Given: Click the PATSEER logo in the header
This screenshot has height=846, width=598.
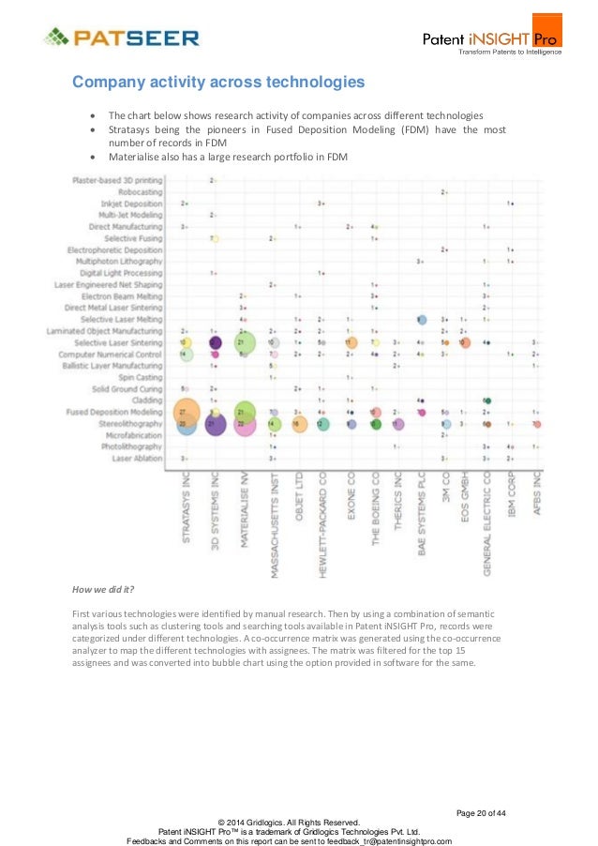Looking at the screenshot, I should [x=122, y=38].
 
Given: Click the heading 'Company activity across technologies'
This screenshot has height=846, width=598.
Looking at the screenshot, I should [x=218, y=83].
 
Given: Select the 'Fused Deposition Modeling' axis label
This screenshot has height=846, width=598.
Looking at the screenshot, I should [x=114, y=412].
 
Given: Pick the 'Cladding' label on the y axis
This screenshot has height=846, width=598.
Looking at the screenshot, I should [x=145, y=400].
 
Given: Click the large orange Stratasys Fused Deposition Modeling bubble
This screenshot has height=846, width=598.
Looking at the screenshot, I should [x=187, y=412].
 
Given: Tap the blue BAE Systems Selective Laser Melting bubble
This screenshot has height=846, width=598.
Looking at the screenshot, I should [x=423, y=320].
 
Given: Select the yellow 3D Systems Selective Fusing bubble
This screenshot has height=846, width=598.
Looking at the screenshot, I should [x=215, y=238].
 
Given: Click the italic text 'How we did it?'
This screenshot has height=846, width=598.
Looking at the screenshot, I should [x=103, y=590].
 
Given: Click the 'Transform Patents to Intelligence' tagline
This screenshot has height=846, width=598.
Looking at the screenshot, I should [x=509, y=52].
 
